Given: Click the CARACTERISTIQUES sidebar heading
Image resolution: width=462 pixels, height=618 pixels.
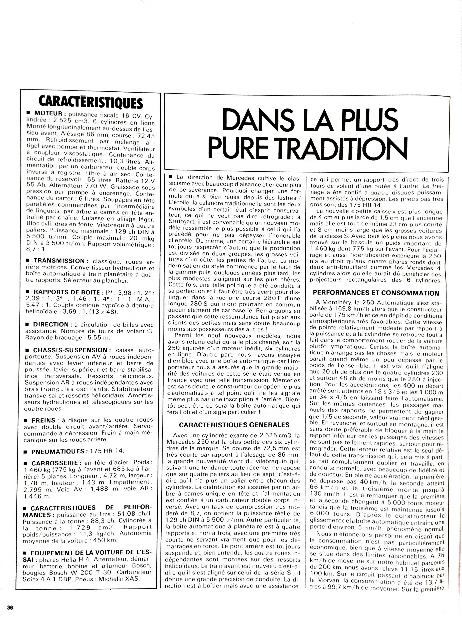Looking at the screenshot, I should pyautogui.click(x=91, y=102).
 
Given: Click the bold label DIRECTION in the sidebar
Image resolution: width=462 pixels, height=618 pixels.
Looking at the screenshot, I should pyautogui.click(x=50, y=324).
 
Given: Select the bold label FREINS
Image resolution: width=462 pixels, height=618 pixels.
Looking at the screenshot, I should pyautogui.click(x=45, y=420).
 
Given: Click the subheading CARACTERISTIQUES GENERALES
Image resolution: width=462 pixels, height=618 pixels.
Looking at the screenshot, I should pyautogui.click(x=234, y=425).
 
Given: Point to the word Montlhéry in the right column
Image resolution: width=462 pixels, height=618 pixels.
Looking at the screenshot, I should pyautogui.click(x=334, y=302).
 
